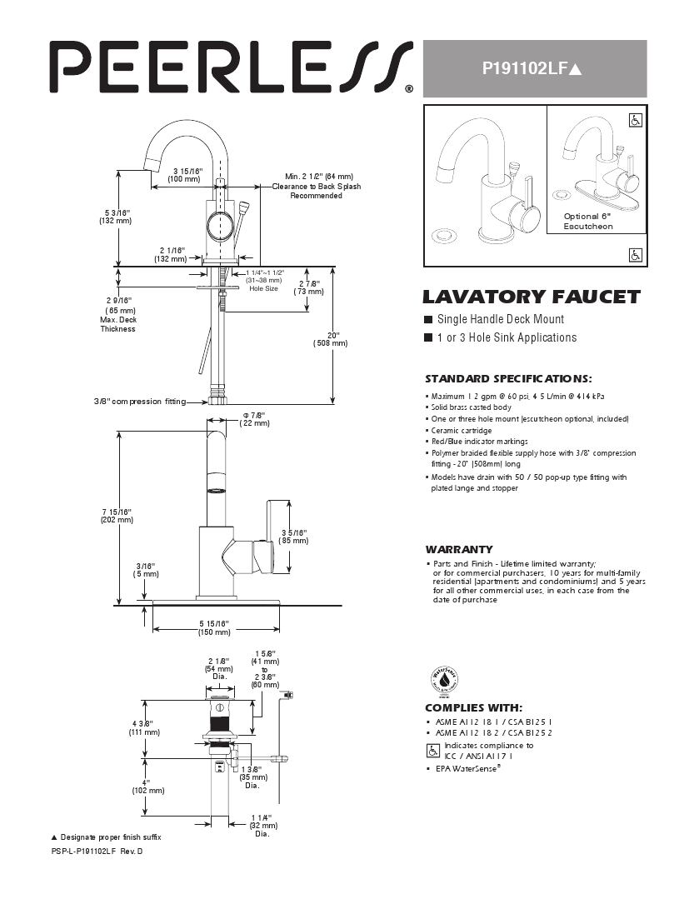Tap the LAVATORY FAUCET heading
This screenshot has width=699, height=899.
click(532, 297)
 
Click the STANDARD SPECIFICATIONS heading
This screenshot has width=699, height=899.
click(508, 378)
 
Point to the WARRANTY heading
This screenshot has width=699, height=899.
click(459, 549)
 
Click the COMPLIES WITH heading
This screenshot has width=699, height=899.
click(474, 707)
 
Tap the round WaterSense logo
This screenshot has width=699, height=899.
click(444, 681)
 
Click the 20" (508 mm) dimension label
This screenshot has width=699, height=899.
click(331, 338)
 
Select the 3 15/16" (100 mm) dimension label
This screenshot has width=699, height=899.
click(184, 175)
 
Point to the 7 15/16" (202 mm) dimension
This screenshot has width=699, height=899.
click(117, 515)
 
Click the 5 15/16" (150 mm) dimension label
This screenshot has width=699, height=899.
click(214, 627)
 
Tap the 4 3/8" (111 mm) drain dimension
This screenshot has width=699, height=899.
click(138, 727)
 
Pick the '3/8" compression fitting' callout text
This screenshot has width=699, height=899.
click(139, 402)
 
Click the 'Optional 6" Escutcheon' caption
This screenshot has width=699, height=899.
click(594, 221)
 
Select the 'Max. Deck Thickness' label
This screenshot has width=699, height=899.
click(117, 324)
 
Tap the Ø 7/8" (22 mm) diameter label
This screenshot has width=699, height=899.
click(254, 419)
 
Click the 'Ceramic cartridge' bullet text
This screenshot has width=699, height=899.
click(461, 431)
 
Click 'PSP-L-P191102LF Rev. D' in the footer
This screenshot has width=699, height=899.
click(97, 851)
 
